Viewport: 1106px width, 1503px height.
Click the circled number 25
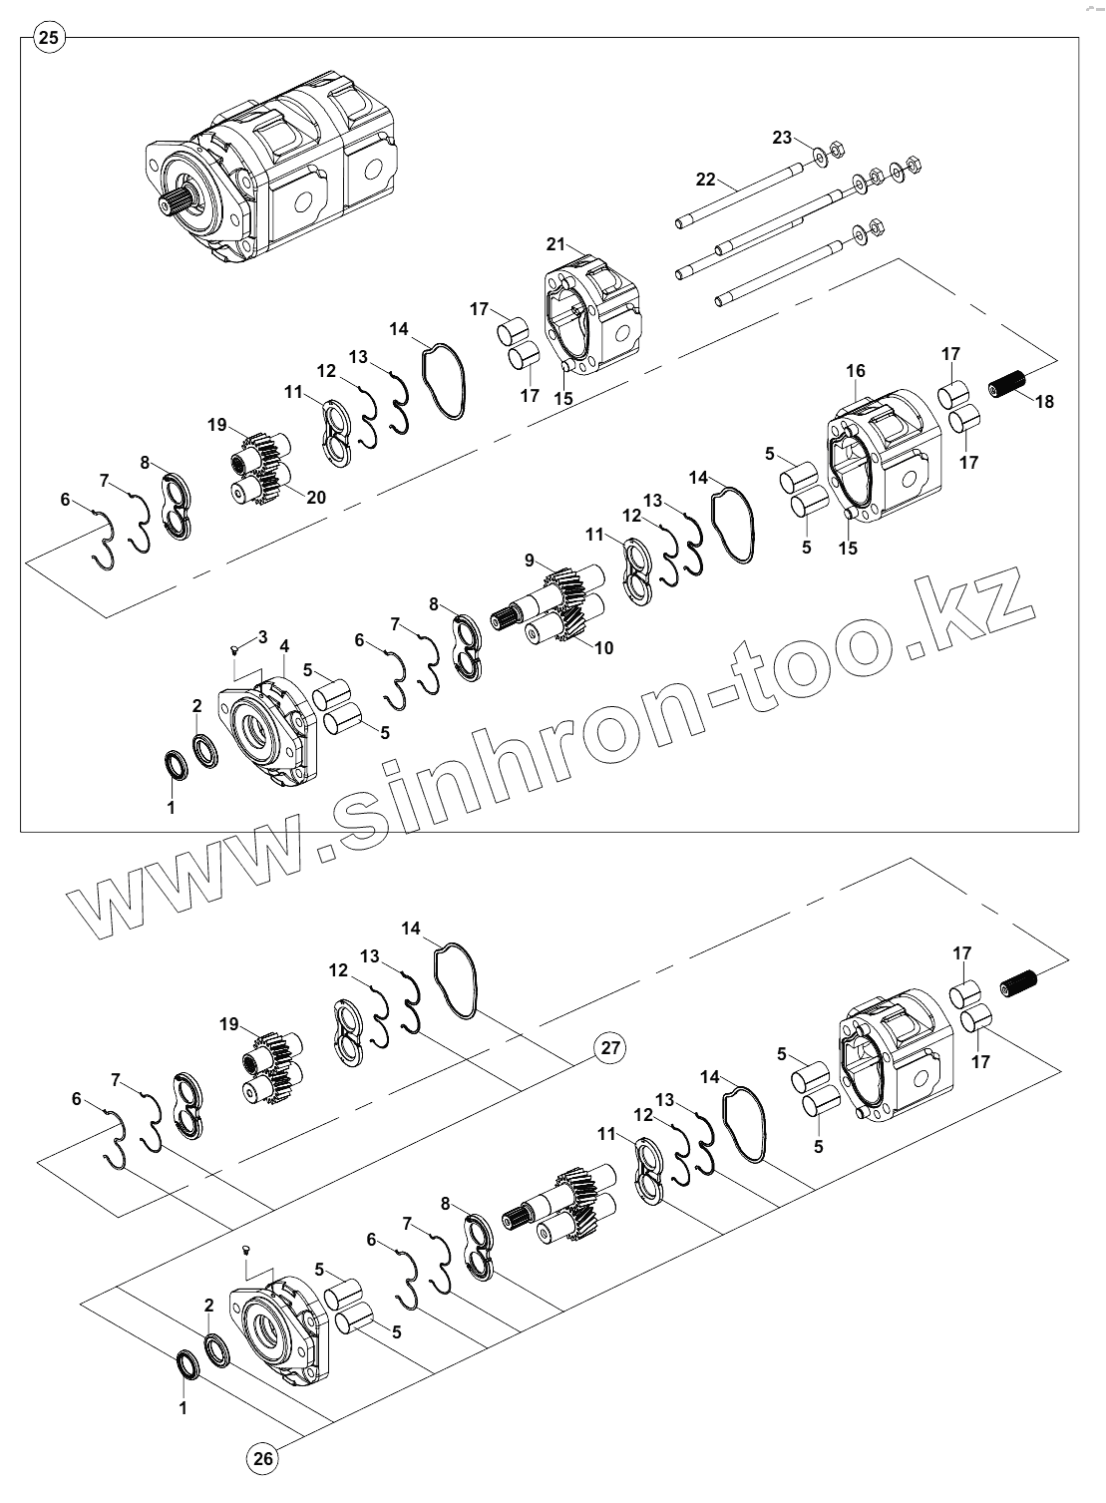pyautogui.click(x=49, y=39)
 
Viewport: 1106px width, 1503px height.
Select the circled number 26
pyautogui.click(x=262, y=1460)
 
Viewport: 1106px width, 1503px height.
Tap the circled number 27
pyautogui.click(x=610, y=1048)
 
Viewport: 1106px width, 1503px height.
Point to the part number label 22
pyautogui.click(x=706, y=180)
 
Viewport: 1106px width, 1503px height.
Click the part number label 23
pyautogui.click(x=782, y=137)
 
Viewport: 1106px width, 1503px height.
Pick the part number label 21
pyautogui.click(x=555, y=244)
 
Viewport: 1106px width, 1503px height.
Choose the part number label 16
pyautogui.click(x=856, y=372)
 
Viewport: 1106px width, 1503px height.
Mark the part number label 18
pyautogui.click(x=1044, y=402)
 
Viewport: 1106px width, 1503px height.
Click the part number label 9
pyautogui.click(x=530, y=560)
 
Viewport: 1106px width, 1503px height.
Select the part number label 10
pyautogui.click(x=603, y=648)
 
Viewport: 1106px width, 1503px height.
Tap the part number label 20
pyautogui.click(x=316, y=498)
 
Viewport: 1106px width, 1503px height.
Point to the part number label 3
pyautogui.click(x=262, y=636)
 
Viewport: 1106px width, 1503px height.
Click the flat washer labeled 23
pyautogui.click(x=819, y=155)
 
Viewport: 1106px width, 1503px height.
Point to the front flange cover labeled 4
pyautogui.click(x=264, y=726)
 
